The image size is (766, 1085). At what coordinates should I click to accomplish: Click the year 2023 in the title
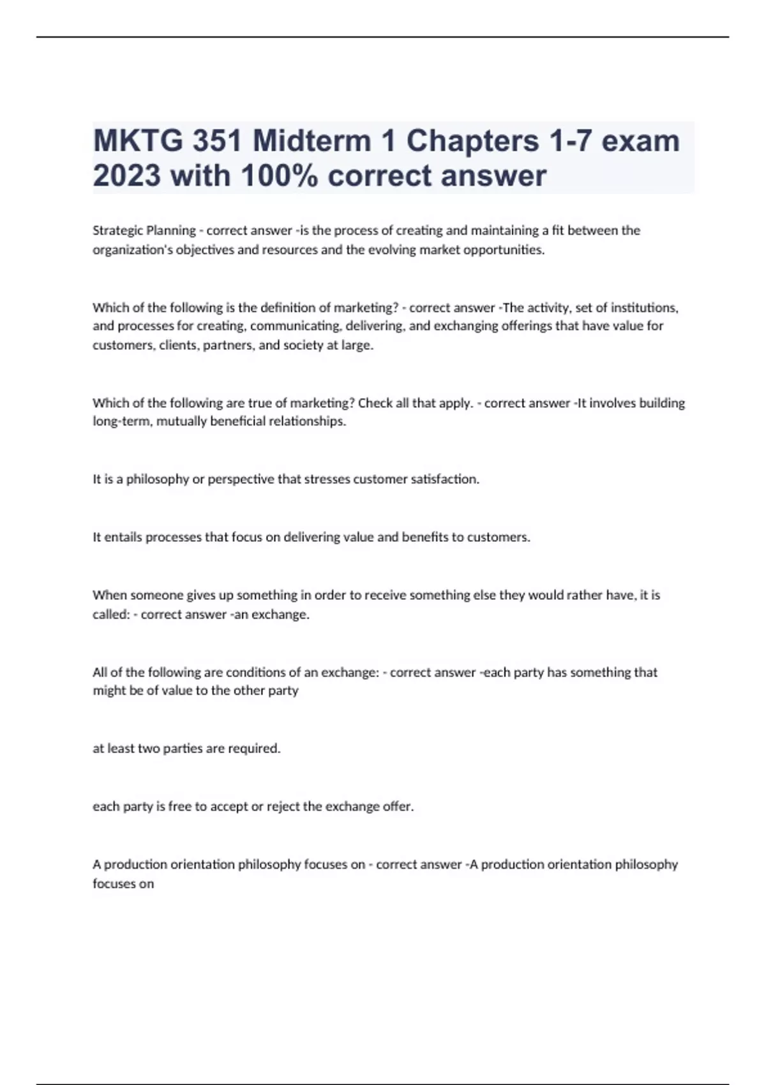127,176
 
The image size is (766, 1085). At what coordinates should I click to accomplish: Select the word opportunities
504,250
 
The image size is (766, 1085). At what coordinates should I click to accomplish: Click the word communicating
295,326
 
